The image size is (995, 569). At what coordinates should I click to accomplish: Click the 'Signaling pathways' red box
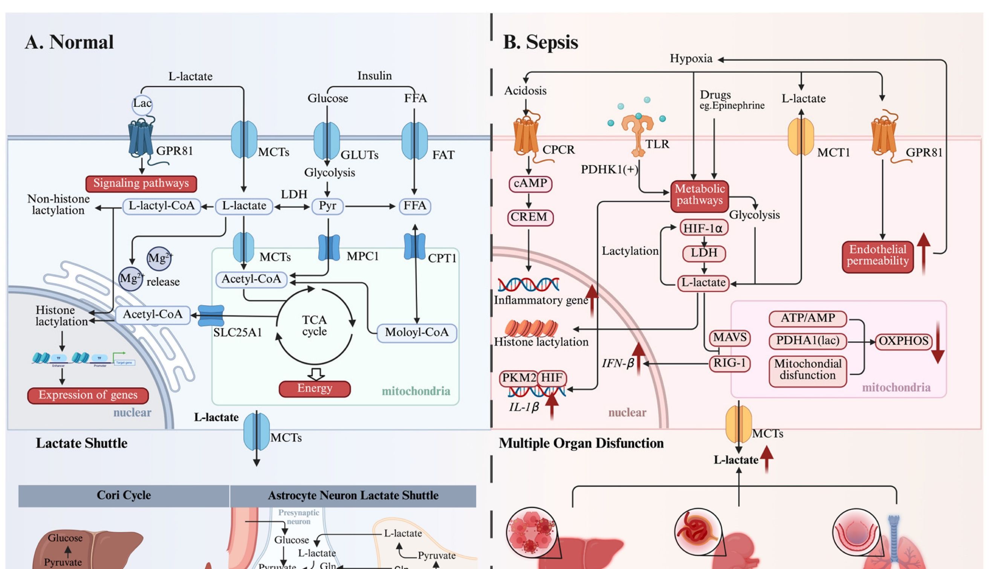[x=141, y=183]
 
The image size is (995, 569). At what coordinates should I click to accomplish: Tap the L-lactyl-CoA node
[x=162, y=206]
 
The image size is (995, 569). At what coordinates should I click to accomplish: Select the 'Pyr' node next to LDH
[x=327, y=206]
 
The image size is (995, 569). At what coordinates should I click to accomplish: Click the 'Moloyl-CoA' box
[x=417, y=333]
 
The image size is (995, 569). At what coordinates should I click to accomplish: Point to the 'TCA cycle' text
[x=315, y=326]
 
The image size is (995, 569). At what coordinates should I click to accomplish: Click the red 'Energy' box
[x=315, y=388]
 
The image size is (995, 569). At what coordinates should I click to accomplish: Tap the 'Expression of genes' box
[x=88, y=395]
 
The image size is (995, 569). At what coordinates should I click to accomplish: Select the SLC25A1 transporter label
[x=237, y=333]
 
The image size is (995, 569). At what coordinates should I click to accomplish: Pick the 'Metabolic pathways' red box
[x=699, y=195]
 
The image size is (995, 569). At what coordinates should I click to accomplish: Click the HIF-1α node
[x=704, y=228]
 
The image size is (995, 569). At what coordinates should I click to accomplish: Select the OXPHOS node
[x=903, y=341]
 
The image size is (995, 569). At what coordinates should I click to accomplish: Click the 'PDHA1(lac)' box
[x=808, y=341]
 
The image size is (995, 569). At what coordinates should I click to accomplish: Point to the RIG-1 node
[x=729, y=364]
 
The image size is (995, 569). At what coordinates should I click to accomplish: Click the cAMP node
[x=530, y=183]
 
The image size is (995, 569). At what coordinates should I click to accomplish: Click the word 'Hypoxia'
[x=691, y=59]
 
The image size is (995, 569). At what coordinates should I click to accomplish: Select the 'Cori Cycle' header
[x=124, y=496]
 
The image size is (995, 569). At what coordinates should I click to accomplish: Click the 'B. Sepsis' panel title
[x=540, y=42]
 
